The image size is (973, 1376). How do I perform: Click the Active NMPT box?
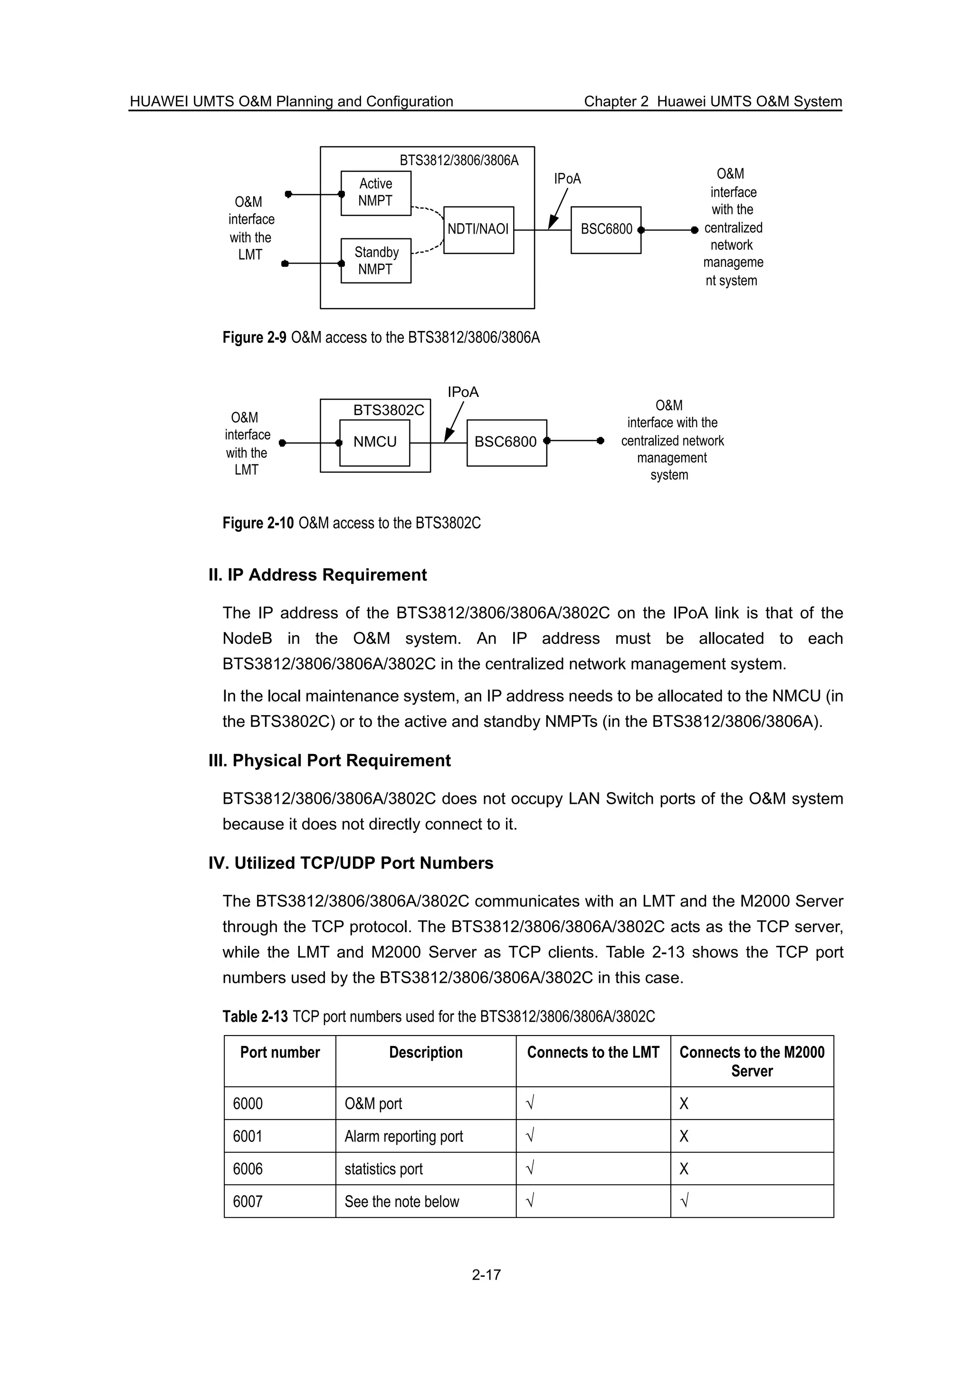tap(376, 193)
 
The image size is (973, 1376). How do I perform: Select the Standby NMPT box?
tap(376, 261)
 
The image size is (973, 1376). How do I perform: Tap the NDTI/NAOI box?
tap(478, 229)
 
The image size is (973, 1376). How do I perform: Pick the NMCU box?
tap(375, 443)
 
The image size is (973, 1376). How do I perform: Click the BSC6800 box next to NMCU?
tap(506, 443)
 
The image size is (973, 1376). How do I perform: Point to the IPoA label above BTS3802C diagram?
tap(463, 392)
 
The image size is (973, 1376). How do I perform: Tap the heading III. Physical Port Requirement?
tap(329, 761)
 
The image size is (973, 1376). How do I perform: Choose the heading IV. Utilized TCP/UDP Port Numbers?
tap(351, 863)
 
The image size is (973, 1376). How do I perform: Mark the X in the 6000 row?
tap(684, 1104)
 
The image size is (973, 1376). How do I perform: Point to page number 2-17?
tap(486, 1275)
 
